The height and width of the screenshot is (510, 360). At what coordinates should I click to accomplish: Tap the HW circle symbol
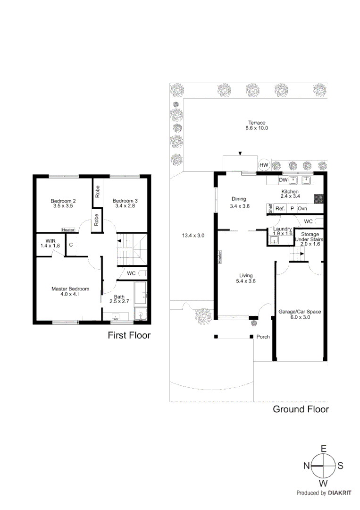coord(264,165)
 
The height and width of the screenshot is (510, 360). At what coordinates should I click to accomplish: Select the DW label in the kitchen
coord(283,180)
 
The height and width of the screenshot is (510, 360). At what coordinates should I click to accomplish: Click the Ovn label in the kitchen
coord(302,208)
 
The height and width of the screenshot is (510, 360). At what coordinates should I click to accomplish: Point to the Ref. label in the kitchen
coord(280,208)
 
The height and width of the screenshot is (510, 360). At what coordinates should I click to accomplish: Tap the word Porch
coord(263,337)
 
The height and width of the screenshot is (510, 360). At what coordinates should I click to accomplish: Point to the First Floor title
coord(129,336)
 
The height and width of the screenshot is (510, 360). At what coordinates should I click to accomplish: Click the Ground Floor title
coord(301,409)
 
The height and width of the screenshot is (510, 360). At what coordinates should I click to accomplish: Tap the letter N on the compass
coord(306,466)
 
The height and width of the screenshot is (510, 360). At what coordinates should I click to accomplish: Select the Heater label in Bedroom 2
coord(68,230)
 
